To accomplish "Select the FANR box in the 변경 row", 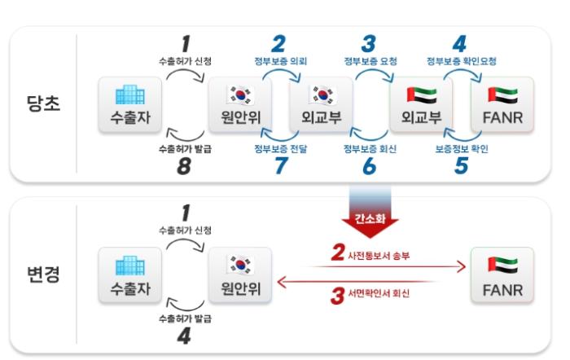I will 502,276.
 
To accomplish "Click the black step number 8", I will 186,168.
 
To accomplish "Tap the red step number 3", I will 337,296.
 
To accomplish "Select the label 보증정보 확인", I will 461,150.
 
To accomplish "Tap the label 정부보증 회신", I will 370,150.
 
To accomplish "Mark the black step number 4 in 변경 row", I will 186,336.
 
